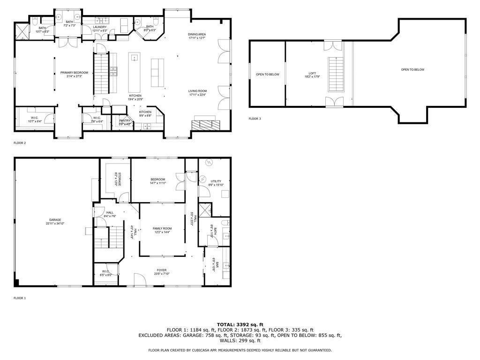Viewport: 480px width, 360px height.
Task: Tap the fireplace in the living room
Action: [x=205, y=125]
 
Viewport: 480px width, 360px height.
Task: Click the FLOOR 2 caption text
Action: [x=19, y=142]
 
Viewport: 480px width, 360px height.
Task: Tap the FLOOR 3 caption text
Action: [x=255, y=119]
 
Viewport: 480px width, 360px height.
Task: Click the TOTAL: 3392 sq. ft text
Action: [x=240, y=324]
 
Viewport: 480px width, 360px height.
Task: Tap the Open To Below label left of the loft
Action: [x=267, y=74]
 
